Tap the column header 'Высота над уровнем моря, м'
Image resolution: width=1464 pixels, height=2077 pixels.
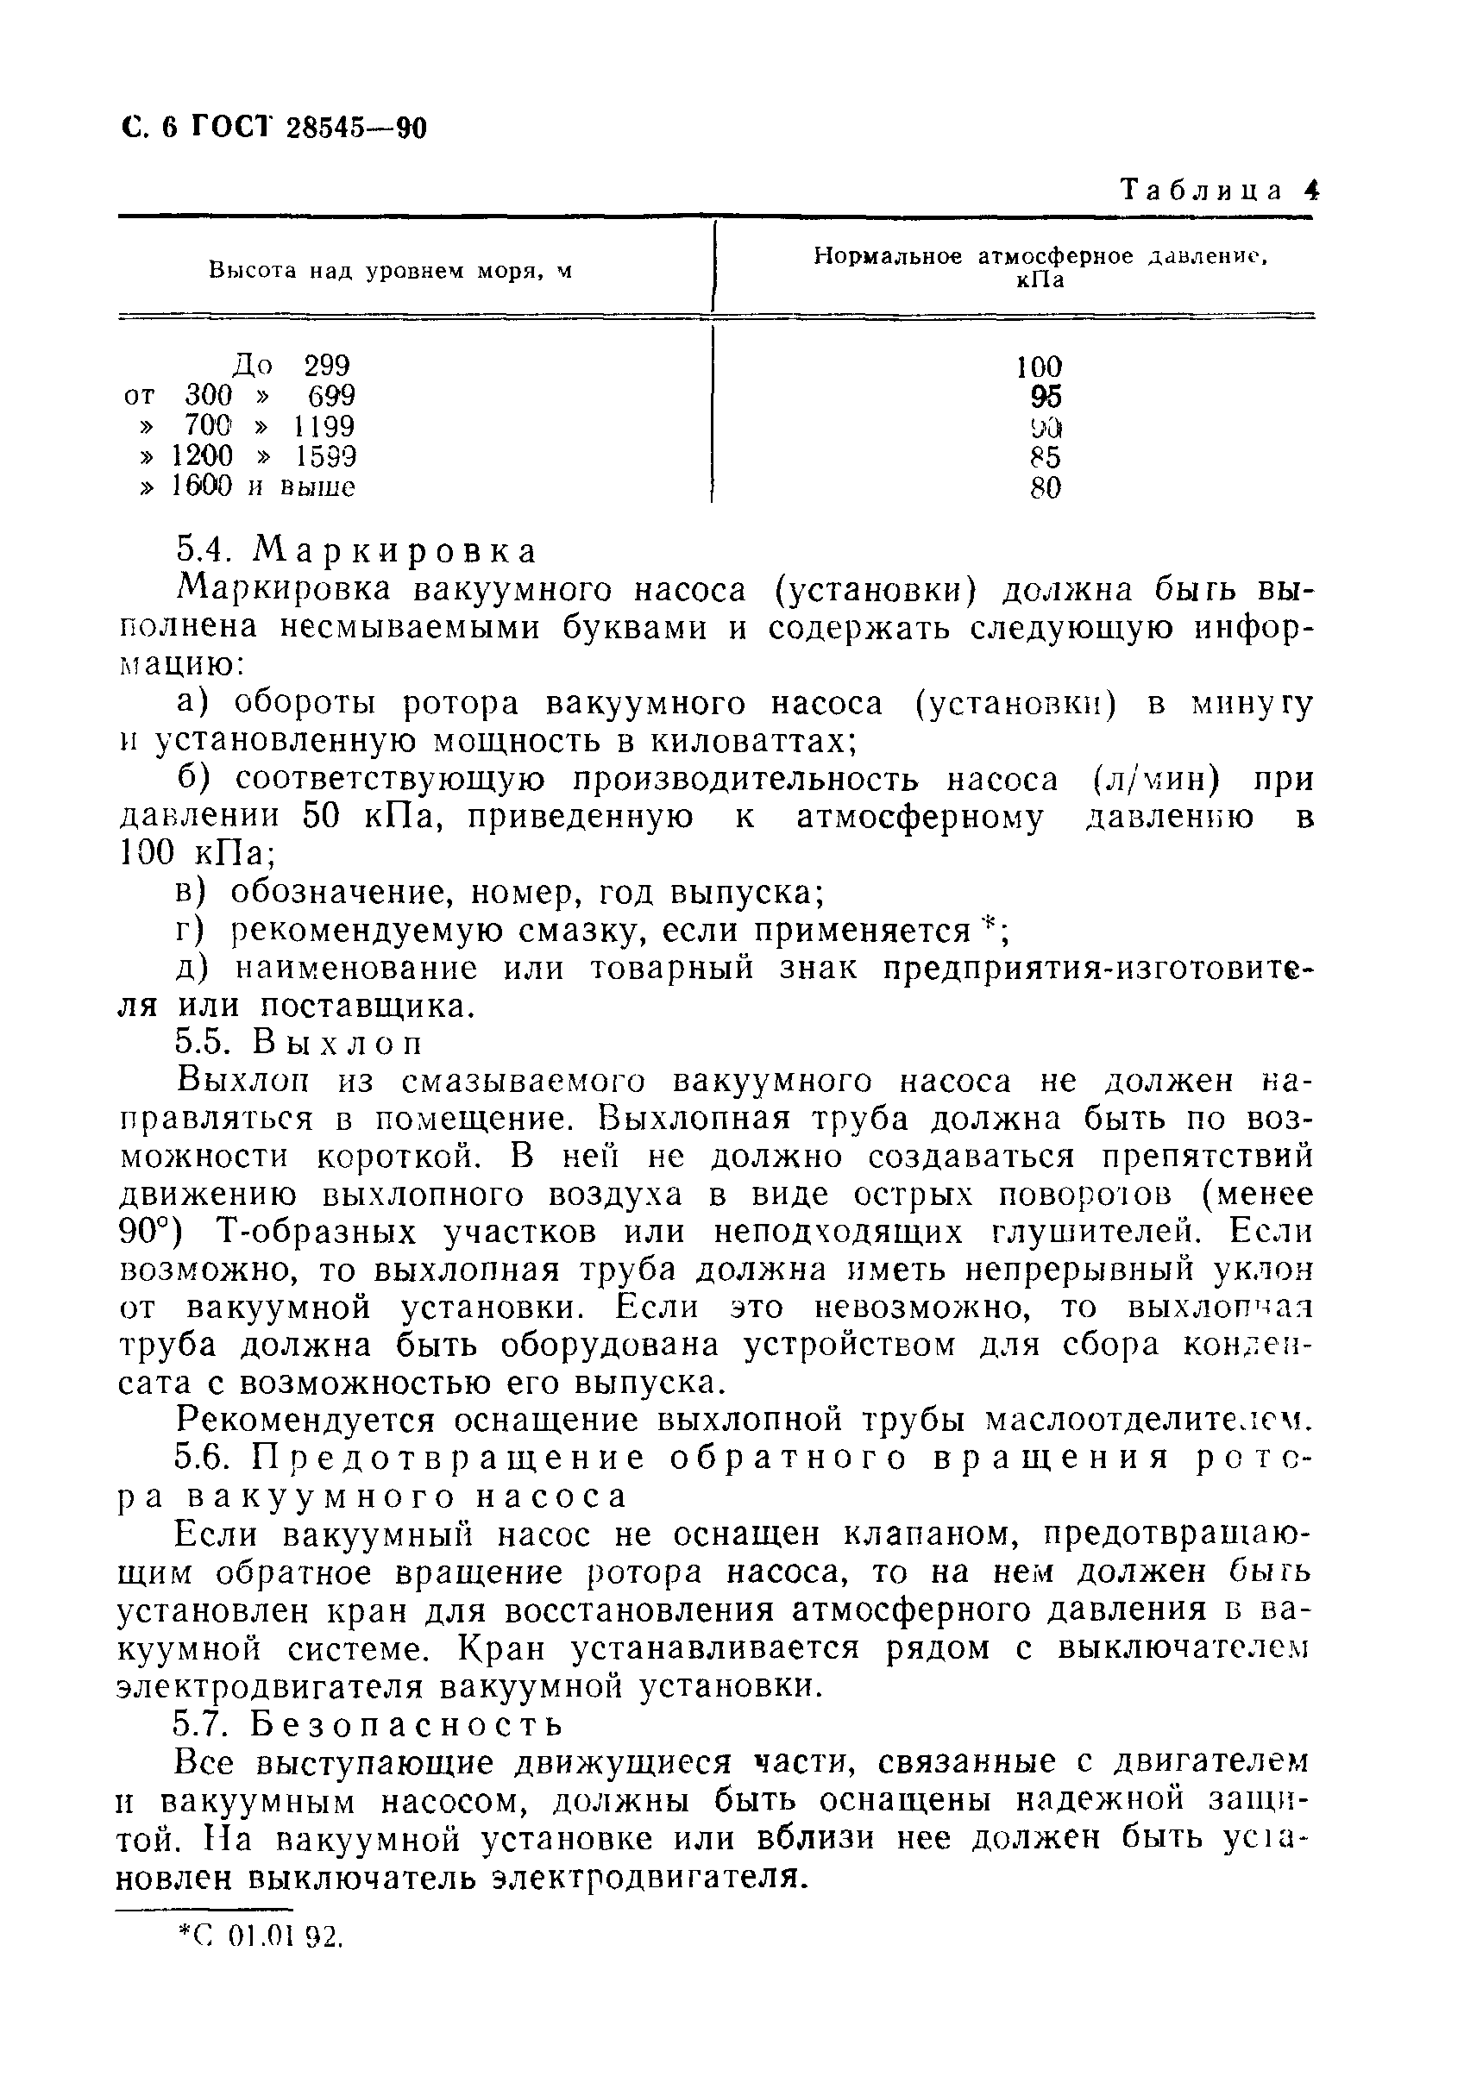click(390, 271)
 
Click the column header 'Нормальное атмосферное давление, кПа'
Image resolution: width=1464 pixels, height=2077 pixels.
click(1040, 267)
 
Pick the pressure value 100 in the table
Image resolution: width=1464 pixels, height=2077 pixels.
click(1038, 367)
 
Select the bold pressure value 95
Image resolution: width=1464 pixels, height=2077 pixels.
click(1045, 396)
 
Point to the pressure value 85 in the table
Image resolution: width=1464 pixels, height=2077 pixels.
click(1045, 457)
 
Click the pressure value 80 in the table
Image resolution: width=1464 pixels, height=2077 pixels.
click(1045, 487)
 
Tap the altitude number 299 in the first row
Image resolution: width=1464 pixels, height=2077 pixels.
click(326, 366)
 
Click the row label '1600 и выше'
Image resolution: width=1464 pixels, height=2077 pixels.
click(262, 486)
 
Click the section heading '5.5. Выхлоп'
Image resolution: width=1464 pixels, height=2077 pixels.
click(298, 1043)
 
